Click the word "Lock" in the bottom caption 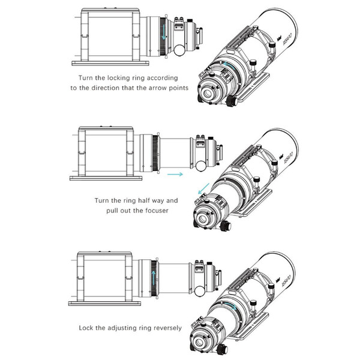click(86, 328)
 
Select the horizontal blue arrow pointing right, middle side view click(175, 175)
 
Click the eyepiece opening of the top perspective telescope click(208, 94)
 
